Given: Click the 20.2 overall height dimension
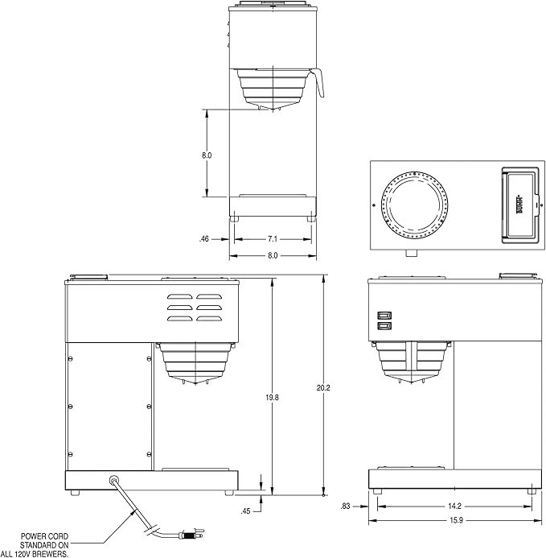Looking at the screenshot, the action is pyautogui.click(x=323, y=387).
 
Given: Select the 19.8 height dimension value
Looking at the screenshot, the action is pyautogui.click(x=272, y=398).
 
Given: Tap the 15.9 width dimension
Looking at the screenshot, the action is pyautogui.click(x=456, y=520).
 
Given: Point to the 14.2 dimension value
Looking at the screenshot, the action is pyautogui.click(x=454, y=506).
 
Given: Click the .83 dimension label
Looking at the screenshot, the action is pyautogui.click(x=346, y=506).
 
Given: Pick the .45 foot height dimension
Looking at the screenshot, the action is pyautogui.click(x=245, y=511).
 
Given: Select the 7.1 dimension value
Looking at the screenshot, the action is pyautogui.click(x=273, y=239).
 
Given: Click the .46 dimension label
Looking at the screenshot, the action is pyautogui.click(x=203, y=239).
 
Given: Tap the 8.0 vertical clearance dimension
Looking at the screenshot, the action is pyautogui.click(x=207, y=155).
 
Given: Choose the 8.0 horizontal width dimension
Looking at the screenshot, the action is pyautogui.click(x=273, y=255).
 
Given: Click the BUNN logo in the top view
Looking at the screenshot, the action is pyautogui.click(x=518, y=205).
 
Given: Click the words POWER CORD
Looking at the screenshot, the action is pyautogui.click(x=44, y=536).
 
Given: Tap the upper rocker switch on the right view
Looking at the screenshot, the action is pyautogui.click(x=384, y=316).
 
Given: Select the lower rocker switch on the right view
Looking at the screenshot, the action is pyautogui.click(x=384, y=325).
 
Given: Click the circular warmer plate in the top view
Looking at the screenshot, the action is pyautogui.click(x=414, y=205).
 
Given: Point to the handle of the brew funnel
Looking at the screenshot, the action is pyautogui.click(x=318, y=83).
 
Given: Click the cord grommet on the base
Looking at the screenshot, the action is pyautogui.click(x=114, y=480).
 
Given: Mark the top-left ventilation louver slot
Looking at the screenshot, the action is pyautogui.click(x=180, y=296).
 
